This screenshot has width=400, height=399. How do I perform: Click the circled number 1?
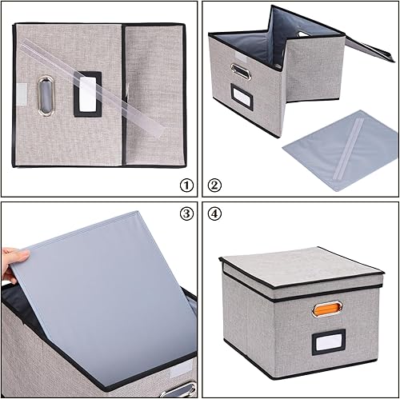point(186,186)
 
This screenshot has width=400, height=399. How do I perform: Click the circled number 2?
point(214,186)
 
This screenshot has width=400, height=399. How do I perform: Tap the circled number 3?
point(186,213)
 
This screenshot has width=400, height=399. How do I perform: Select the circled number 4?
point(214,213)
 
